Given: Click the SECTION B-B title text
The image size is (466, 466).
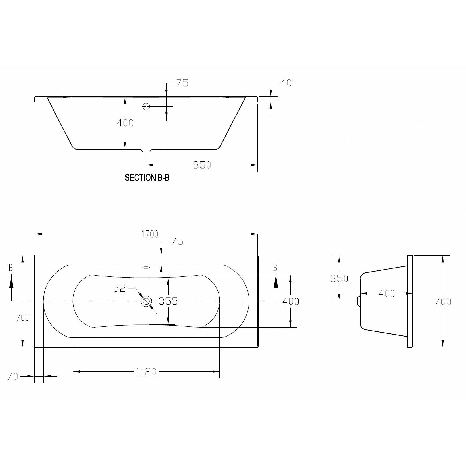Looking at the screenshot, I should pyautogui.click(x=147, y=178).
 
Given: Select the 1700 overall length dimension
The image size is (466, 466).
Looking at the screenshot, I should pyautogui.click(x=150, y=234).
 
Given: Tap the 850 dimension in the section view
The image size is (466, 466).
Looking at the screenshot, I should pyautogui.click(x=202, y=165).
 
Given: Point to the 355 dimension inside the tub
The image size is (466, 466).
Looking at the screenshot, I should pyautogui.click(x=168, y=301).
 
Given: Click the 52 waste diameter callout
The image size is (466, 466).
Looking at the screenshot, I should pyautogui.click(x=119, y=288).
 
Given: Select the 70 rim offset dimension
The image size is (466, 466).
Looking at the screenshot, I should pyautogui.click(x=13, y=376).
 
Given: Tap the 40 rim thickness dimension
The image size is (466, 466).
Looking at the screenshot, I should pyautogui.click(x=286, y=83).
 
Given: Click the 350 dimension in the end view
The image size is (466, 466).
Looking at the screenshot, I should pyautogui.click(x=339, y=278).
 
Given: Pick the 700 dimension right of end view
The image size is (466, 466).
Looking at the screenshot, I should pyautogui.click(x=443, y=301).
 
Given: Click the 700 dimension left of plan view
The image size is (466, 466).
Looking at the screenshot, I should pyautogui.click(x=22, y=318).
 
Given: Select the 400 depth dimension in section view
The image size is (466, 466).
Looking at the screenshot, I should pyautogui.click(x=125, y=123).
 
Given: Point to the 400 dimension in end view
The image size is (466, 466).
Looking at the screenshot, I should pyautogui.click(x=387, y=293).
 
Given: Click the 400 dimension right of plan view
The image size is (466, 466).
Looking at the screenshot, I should pyautogui.click(x=291, y=301).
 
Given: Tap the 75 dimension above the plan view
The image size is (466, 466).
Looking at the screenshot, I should pyautogui.click(x=177, y=242).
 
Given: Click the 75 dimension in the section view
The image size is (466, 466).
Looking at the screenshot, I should pyautogui.click(x=182, y=83).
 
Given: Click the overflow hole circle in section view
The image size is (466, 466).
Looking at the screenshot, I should pyautogui.click(x=146, y=106).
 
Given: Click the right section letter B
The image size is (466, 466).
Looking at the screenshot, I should pyautogui.click(x=275, y=268).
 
